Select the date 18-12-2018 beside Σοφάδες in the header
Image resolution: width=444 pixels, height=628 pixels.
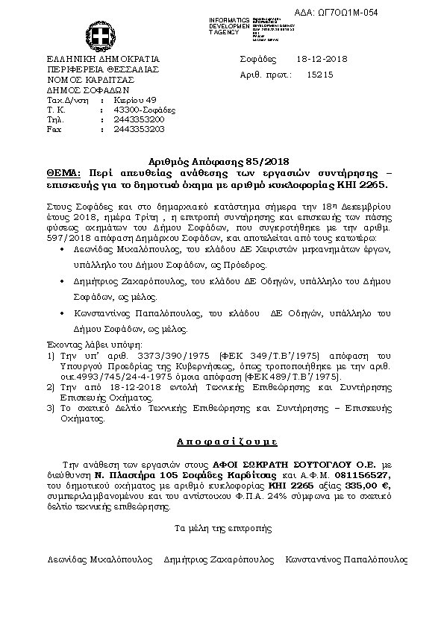(317, 60)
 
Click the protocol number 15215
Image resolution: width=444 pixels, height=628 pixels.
(320, 75)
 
